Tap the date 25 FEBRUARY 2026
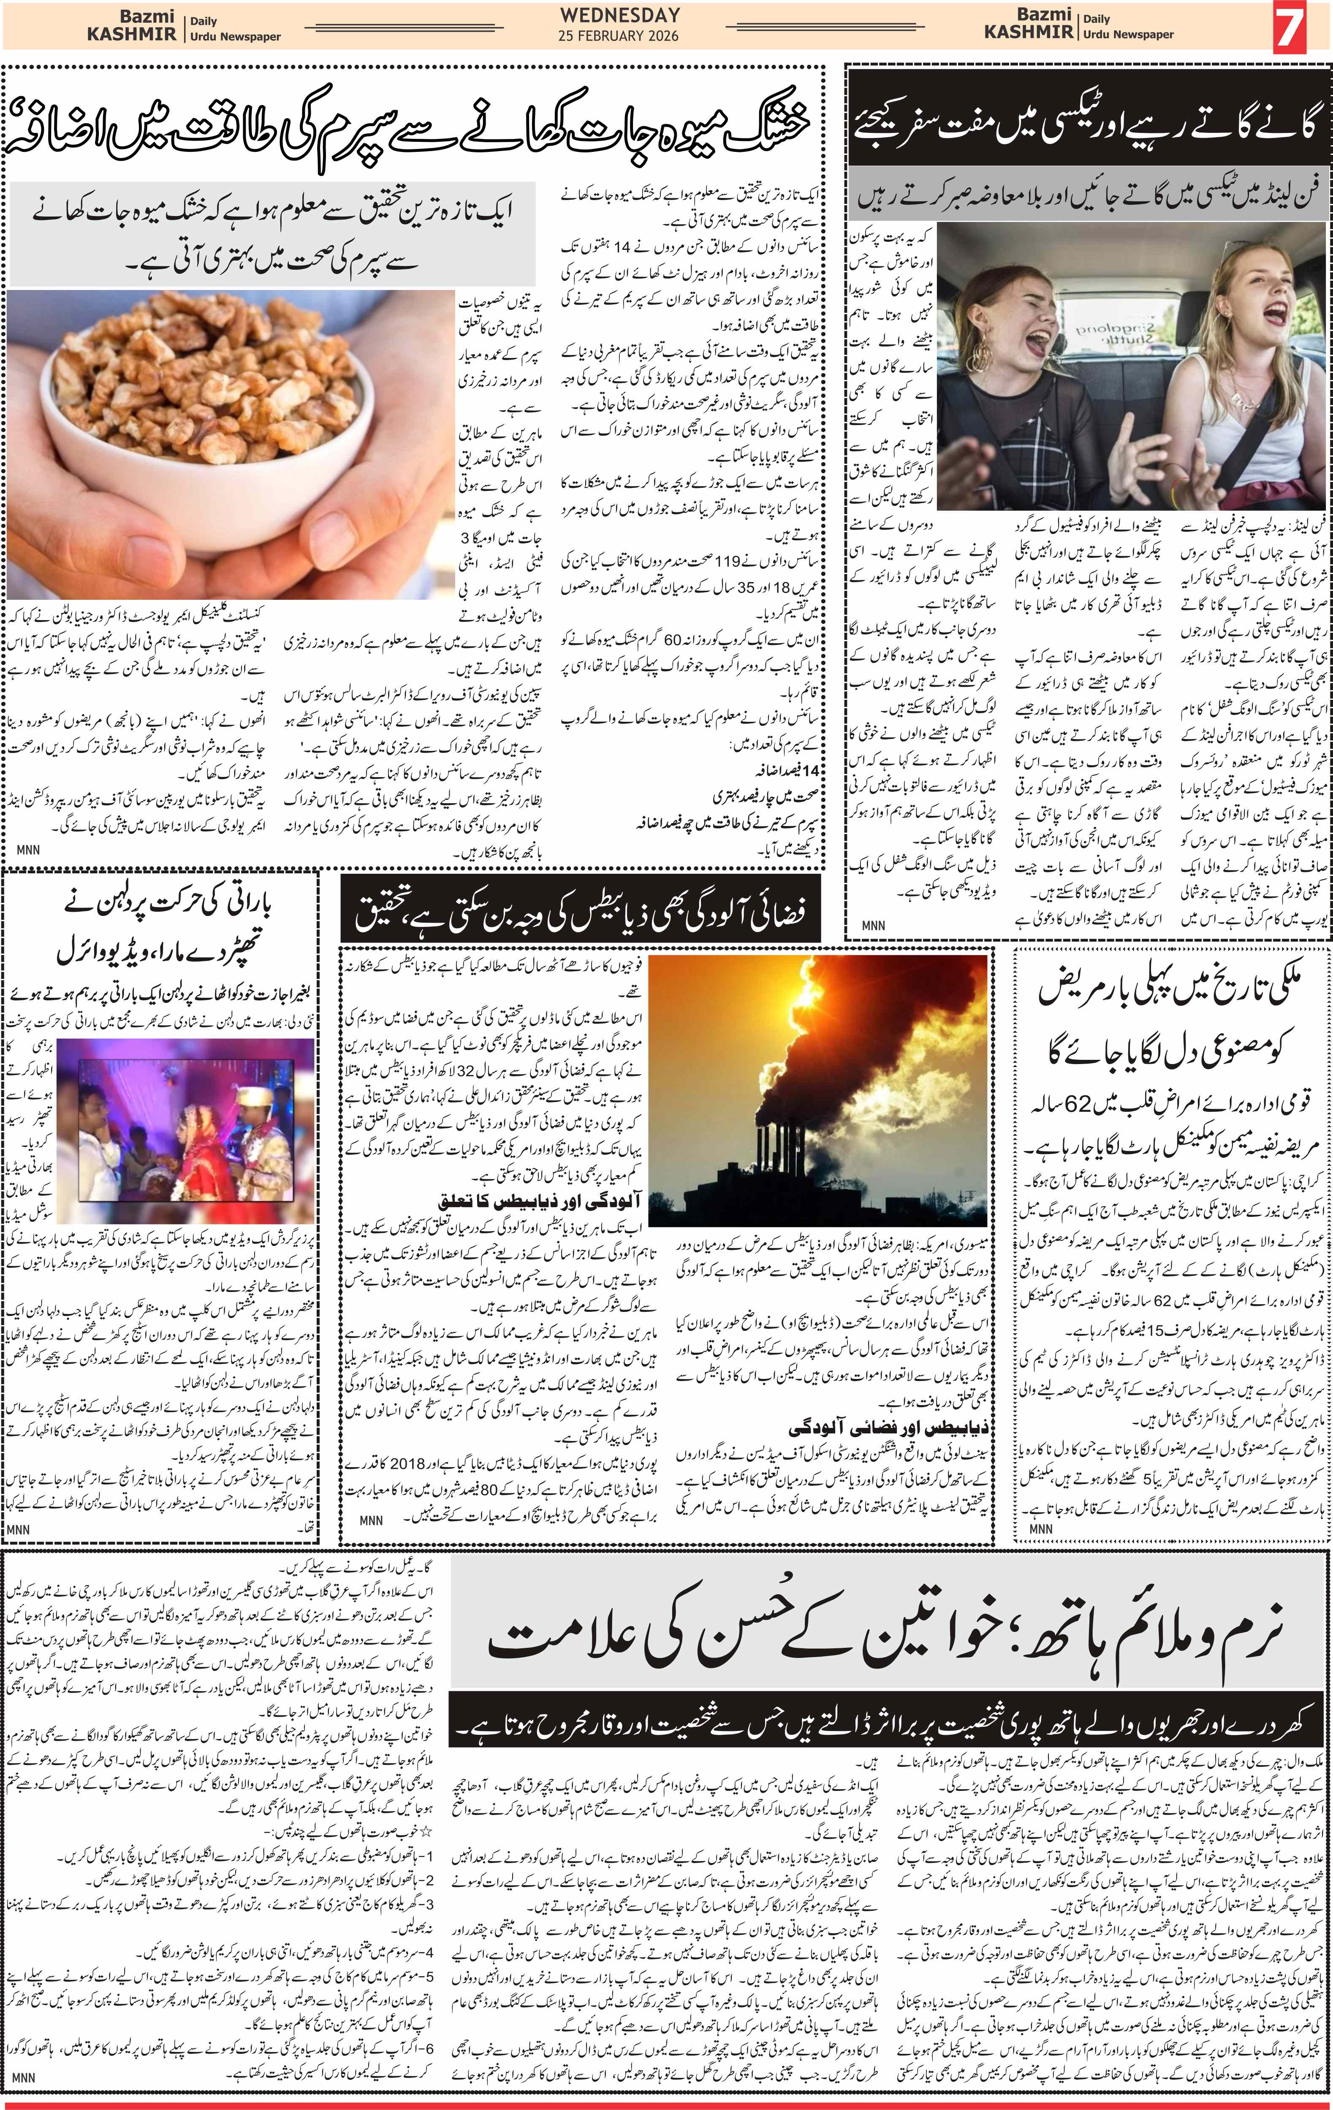[x=619, y=36]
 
